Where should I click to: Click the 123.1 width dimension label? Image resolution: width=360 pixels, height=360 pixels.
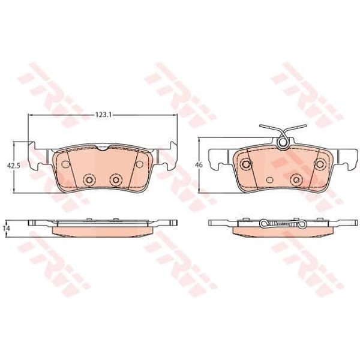[103, 115]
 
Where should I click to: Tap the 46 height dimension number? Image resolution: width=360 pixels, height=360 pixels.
[199, 165]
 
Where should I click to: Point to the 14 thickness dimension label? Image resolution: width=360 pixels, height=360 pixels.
[5, 228]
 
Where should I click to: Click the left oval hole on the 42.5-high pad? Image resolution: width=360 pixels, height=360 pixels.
[66, 164]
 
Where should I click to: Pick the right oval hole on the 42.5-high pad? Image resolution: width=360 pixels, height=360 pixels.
[139, 164]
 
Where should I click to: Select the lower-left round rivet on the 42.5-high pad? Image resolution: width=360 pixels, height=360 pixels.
[89, 180]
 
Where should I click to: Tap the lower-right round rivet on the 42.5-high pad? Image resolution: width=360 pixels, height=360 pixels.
[116, 180]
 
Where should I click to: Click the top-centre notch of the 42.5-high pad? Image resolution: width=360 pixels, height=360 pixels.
[103, 148]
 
